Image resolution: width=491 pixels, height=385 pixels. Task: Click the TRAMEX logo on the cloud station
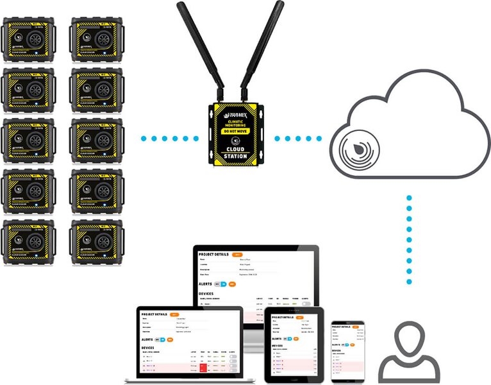point(235,110)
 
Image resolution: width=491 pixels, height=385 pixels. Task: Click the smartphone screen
point(347,350)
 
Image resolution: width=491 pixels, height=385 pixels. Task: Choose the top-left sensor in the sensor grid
point(29,39)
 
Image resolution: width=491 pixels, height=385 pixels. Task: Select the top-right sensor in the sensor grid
point(97,39)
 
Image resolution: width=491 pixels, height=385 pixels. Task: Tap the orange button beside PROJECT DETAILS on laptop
point(175,314)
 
